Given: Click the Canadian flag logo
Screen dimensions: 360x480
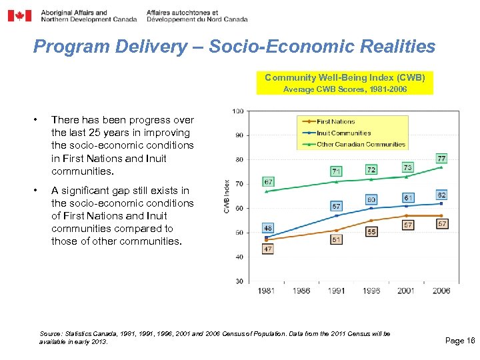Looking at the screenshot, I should (x=19, y=15).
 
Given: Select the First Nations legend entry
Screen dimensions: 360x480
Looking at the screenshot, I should (x=335, y=121).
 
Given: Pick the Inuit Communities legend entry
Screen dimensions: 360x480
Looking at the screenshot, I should (x=343, y=133).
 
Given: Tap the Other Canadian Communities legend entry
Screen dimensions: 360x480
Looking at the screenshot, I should (x=361, y=144).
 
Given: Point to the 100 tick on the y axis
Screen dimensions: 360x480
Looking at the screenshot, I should (x=238, y=111).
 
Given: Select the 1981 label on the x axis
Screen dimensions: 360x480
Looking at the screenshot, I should (x=267, y=291).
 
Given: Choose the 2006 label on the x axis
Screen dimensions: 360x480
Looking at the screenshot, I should (x=441, y=291).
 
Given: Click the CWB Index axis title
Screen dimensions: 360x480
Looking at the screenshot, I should (x=227, y=196).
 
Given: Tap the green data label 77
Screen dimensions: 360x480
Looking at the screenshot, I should (x=441, y=159).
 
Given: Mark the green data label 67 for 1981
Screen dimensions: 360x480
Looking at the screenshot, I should (x=268, y=181).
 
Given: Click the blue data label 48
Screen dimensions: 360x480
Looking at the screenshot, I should (x=268, y=228).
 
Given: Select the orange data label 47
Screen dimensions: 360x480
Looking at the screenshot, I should (x=268, y=249).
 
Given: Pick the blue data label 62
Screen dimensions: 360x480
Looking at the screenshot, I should (x=441, y=195).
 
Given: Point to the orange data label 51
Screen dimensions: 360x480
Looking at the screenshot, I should (x=337, y=239).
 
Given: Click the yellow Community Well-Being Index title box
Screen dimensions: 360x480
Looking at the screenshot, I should (x=344, y=83).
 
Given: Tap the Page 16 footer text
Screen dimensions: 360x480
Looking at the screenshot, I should (x=459, y=341).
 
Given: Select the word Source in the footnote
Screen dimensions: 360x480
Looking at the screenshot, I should (x=50, y=333).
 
